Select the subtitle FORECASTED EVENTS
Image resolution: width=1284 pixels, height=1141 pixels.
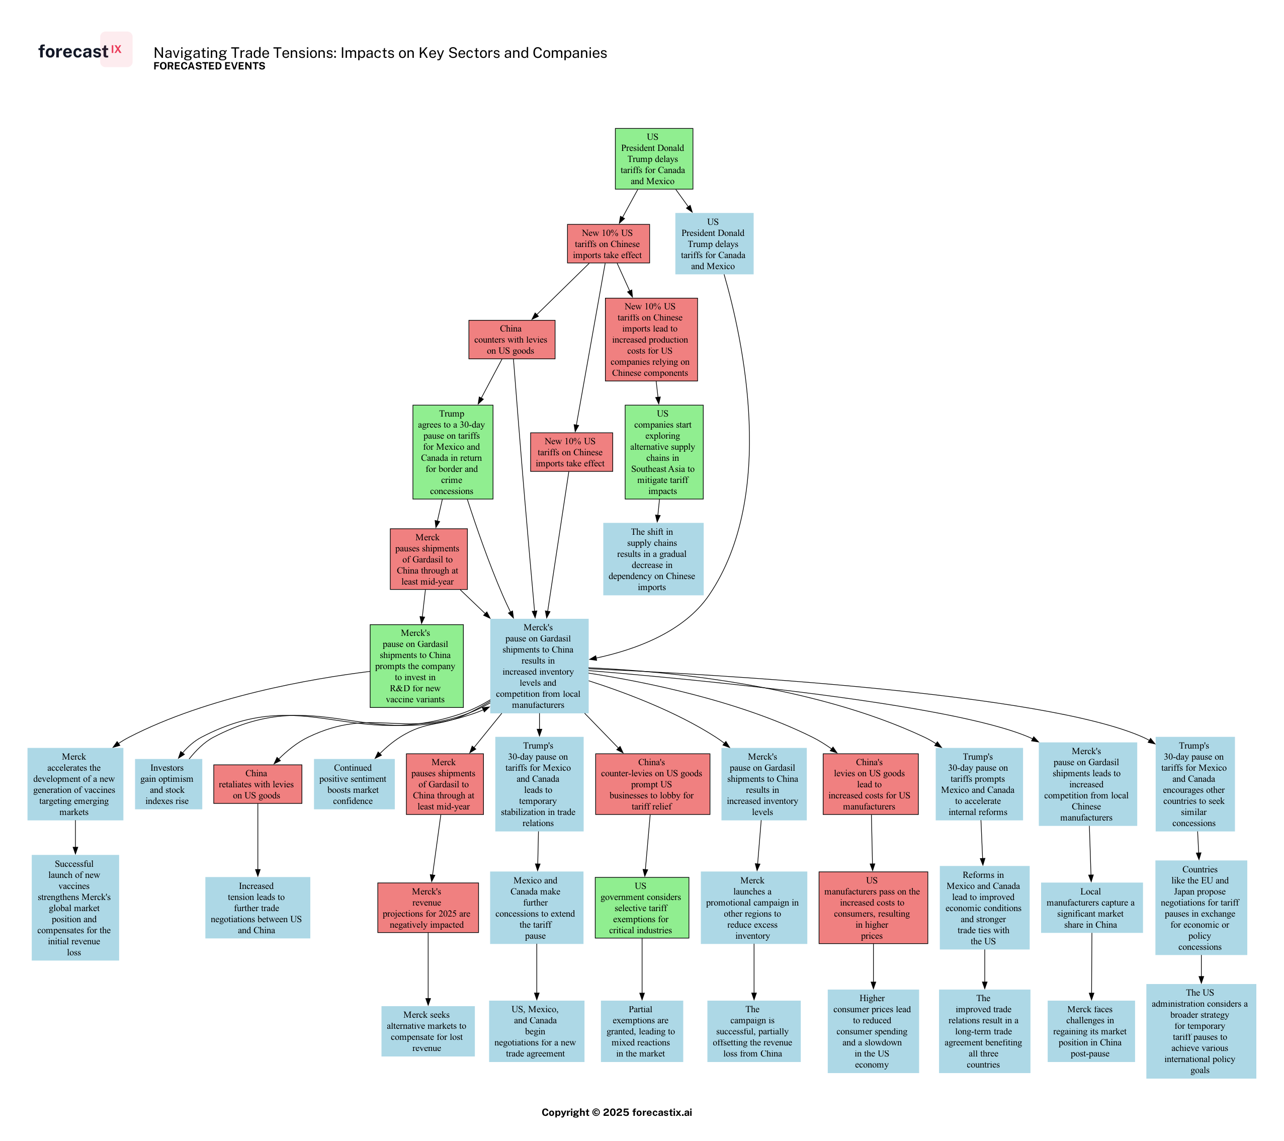(209, 66)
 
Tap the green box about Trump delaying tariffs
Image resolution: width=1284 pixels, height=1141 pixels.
(653, 159)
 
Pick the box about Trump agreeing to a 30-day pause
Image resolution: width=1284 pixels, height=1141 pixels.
(452, 452)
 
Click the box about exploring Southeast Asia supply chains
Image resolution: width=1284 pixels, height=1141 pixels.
(663, 452)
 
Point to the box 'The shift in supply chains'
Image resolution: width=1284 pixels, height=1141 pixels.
(653, 559)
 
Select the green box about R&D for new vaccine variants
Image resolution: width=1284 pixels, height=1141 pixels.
(416, 666)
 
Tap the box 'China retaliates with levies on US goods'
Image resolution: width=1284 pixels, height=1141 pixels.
(257, 784)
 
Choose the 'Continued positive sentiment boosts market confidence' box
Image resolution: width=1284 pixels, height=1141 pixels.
(354, 784)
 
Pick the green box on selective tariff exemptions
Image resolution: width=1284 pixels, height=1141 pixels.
(641, 908)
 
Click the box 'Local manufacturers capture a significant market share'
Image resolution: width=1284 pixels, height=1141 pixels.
(1091, 908)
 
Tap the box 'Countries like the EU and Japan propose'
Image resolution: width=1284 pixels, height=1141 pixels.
(1201, 908)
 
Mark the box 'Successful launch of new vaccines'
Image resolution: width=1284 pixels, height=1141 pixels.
(75, 908)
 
